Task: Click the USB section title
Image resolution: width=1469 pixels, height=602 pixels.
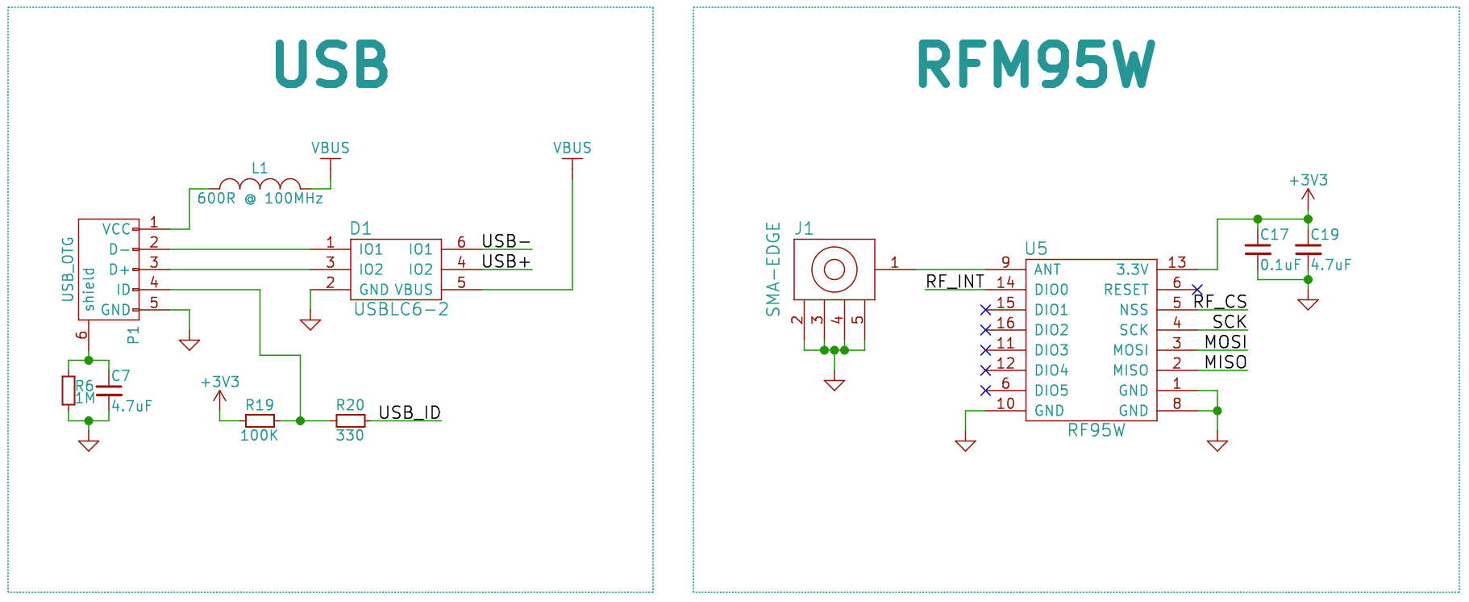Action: (331, 64)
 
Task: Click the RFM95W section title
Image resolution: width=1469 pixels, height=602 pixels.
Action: (1036, 65)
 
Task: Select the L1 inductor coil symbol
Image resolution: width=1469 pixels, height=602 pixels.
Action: (260, 185)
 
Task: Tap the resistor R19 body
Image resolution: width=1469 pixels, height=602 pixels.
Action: (260, 420)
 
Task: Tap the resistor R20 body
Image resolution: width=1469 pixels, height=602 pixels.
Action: (350, 420)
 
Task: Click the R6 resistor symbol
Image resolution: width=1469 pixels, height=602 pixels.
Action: (69, 391)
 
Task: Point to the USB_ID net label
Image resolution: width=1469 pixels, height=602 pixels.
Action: (410, 412)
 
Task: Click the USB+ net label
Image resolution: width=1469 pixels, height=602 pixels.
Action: (506, 261)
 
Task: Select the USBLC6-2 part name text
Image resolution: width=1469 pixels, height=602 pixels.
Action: (401, 309)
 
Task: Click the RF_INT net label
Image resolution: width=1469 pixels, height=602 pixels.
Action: (955, 282)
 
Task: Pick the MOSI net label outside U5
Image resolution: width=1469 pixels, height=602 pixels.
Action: (1226, 342)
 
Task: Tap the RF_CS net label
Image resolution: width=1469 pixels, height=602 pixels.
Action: (1220, 302)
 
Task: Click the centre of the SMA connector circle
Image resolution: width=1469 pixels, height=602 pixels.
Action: (834, 269)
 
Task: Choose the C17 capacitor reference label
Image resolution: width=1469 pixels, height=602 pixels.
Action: (1275, 235)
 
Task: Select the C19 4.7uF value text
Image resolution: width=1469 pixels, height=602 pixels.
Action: (1331, 265)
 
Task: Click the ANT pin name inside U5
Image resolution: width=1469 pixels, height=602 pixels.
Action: (1047, 270)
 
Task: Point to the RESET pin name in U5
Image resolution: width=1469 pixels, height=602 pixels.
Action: (1126, 290)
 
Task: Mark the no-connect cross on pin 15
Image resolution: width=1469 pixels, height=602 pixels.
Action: (985, 310)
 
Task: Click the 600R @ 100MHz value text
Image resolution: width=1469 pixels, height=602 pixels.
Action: (260, 199)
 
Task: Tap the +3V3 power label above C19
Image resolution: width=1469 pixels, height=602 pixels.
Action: (1308, 180)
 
